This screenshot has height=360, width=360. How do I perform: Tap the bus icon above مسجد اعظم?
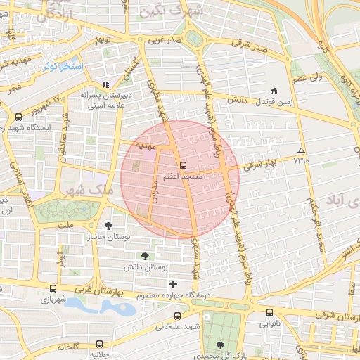pyautogui.click(x=184, y=165)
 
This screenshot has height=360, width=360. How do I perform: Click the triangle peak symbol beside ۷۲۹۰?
pyautogui.click(x=302, y=150)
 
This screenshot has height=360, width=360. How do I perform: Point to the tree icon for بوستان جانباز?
pyautogui.click(x=108, y=226)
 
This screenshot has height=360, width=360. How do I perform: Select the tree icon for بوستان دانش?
pyautogui.click(x=145, y=256)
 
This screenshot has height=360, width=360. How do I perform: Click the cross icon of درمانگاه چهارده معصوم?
pyautogui.click(x=174, y=284)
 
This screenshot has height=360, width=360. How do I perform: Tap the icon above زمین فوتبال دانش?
pyautogui.click(x=274, y=91)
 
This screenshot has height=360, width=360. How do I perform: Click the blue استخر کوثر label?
pyautogui.click(x=60, y=66)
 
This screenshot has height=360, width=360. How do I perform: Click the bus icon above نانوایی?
pyautogui.click(x=269, y=313)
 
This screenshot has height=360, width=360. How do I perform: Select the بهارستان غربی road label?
pyautogui.click(x=92, y=289)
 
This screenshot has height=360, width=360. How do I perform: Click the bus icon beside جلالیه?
pyautogui.click(x=100, y=345)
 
